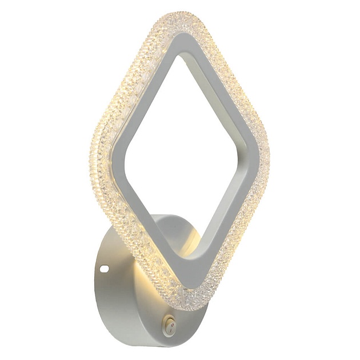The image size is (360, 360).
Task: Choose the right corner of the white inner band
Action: [x=247, y=163]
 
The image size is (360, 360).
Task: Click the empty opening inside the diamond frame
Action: [x=180, y=154]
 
